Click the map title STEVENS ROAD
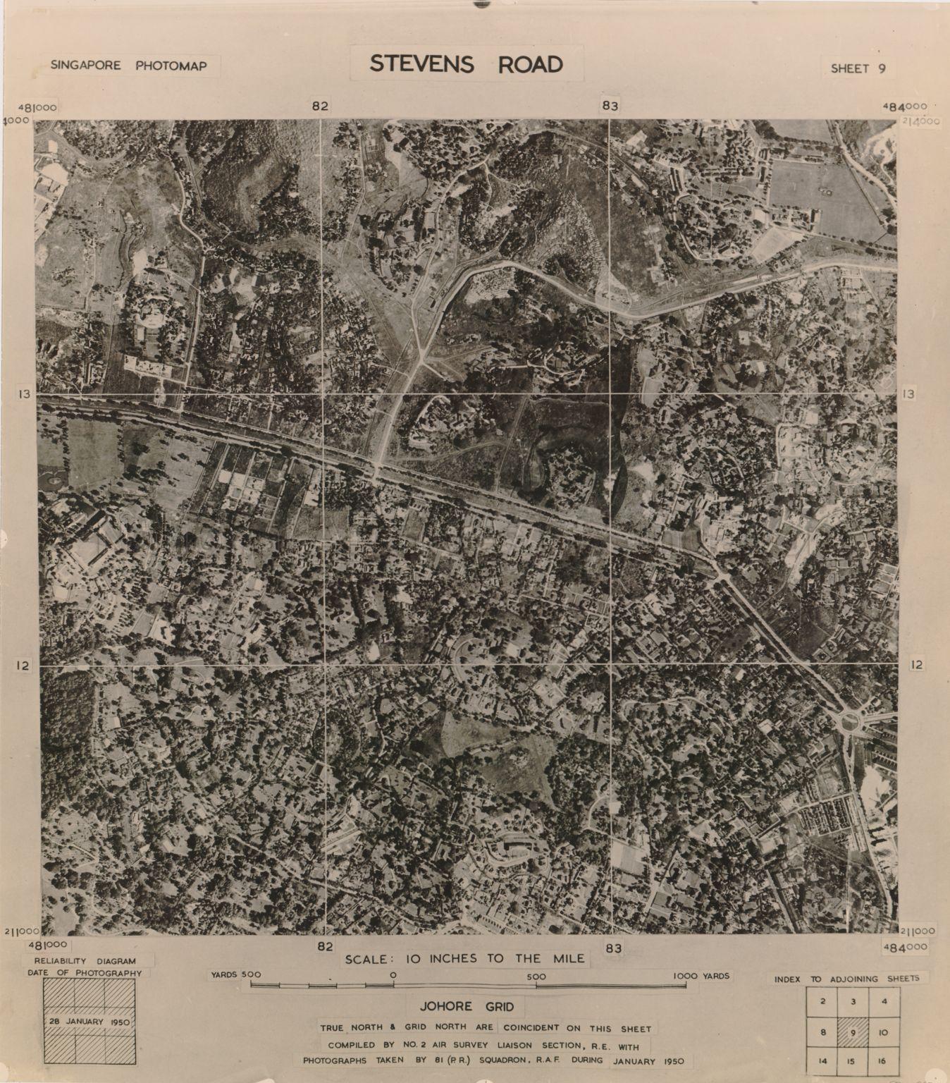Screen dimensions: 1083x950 pos(467,64)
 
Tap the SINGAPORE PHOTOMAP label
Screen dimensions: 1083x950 pos(128,66)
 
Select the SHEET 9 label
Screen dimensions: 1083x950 pos(858,68)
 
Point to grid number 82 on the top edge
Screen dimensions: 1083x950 pos(320,106)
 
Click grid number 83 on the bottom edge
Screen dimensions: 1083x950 pos(613,948)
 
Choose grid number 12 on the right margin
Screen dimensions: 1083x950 pos(916,664)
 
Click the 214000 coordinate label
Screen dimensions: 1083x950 pos(920,121)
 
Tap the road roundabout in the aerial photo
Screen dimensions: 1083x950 pos(850,721)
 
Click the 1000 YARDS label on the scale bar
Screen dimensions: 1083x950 pos(701,976)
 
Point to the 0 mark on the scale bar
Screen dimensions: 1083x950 pos(393,976)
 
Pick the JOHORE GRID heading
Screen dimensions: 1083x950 pos(462,1007)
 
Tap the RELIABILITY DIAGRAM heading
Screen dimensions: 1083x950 pos(84,961)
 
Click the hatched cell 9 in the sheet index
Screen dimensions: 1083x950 pos(852,1034)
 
